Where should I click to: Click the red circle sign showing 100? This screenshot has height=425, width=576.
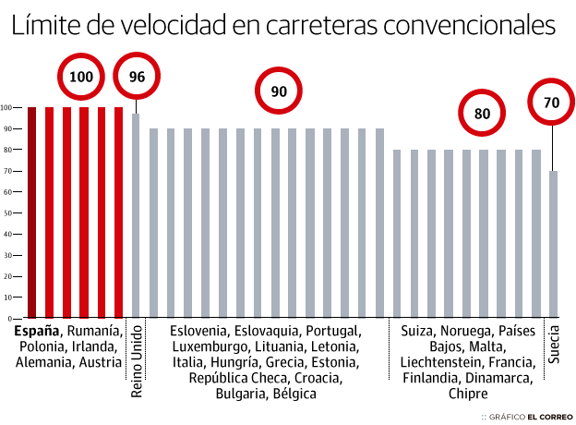coord(81,77)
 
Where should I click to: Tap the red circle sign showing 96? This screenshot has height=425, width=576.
coord(137,77)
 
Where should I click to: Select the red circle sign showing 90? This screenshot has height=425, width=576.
coord(279,91)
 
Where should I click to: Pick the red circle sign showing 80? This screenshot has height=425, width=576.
coord(483,115)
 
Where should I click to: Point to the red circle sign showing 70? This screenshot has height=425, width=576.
coord(552,103)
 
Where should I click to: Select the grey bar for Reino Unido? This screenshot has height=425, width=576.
coord(136,213)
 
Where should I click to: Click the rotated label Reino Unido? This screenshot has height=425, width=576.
coord(137,359)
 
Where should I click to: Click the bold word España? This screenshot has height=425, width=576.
coord(38,331)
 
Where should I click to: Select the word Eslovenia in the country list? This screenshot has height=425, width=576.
coord(199,331)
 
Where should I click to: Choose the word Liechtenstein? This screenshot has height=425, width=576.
coord(438,362)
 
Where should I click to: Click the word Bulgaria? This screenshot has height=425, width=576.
coord(240,394)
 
